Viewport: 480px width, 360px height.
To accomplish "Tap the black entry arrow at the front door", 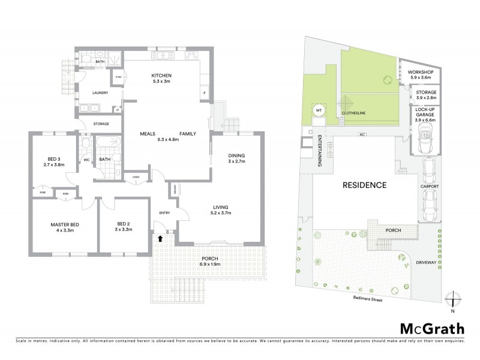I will point(160,238).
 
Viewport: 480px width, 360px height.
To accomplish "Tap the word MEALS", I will point(149,133).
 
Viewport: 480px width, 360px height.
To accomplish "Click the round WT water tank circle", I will point(319,110).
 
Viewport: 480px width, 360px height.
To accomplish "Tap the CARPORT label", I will point(429,187).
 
